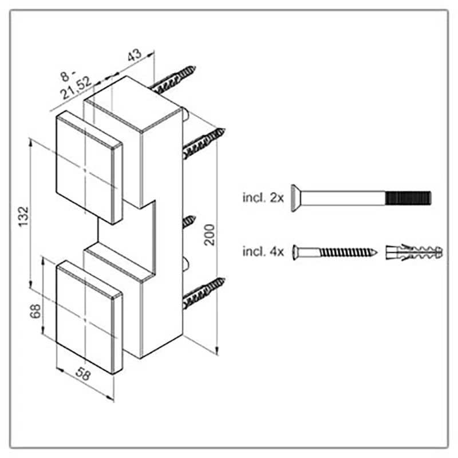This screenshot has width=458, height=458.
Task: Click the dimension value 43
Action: (x=135, y=54)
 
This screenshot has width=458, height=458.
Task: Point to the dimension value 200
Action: (x=210, y=235)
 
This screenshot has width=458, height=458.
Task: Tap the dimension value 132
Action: (x=23, y=216)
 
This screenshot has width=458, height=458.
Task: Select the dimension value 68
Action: (x=35, y=311)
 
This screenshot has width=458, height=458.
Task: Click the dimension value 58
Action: (x=83, y=374)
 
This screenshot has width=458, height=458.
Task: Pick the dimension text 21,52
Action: (x=76, y=88)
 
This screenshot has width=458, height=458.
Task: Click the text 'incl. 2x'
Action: (x=263, y=198)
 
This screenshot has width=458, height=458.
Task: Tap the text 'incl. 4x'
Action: (x=263, y=251)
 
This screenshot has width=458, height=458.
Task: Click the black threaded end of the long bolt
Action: (x=408, y=198)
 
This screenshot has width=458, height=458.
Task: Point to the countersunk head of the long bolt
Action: (x=295, y=198)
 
